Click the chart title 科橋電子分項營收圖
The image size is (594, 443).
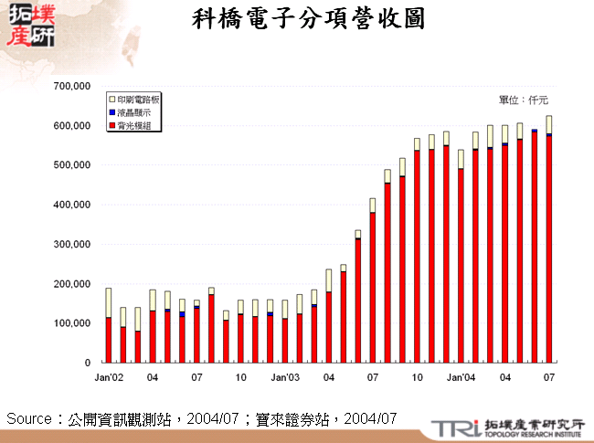(x=310, y=20)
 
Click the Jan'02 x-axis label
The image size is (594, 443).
(x=109, y=376)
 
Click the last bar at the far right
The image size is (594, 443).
(x=549, y=239)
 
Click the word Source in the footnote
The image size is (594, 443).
(x=27, y=418)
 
